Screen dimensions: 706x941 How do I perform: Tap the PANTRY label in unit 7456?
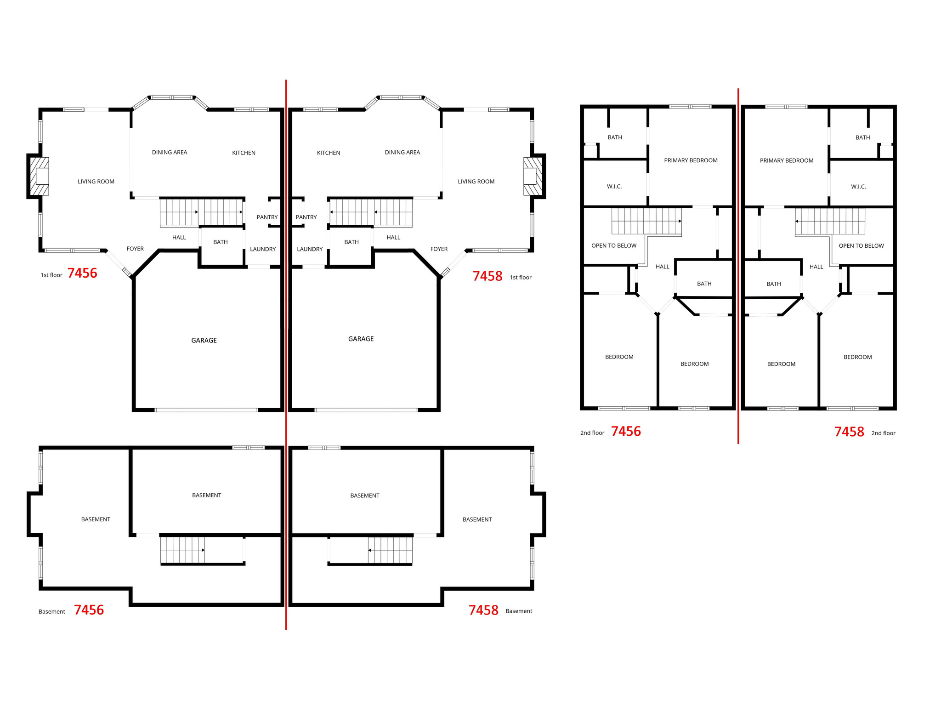point(267,217)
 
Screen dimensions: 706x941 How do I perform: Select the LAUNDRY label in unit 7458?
point(310,249)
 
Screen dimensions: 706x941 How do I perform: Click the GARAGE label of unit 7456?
point(204,341)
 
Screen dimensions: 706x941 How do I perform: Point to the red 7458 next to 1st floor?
point(487,276)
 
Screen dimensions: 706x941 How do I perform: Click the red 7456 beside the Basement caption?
point(89,610)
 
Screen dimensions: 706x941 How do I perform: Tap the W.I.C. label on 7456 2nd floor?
point(614,187)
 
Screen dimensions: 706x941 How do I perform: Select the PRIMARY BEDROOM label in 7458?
point(786,160)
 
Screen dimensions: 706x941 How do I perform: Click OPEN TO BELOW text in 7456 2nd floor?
point(613,246)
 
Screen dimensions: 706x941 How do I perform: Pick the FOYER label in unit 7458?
point(439,249)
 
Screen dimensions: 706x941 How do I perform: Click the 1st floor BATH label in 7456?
point(221,242)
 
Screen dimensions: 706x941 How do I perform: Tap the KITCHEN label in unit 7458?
point(329,153)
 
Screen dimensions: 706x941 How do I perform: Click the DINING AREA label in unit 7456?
point(170,153)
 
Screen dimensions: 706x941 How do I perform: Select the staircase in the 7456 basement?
point(183,550)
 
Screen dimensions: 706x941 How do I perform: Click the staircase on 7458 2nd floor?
point(830,222)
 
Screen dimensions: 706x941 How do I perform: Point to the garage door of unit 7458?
point(366,410)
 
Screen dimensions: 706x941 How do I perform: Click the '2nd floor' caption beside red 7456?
point(592,433)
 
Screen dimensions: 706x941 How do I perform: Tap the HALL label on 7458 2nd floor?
point(816,267)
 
